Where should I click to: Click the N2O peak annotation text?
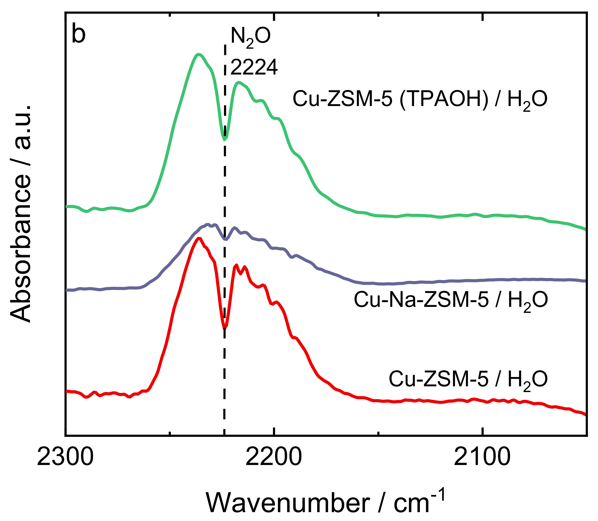pyautogui.click(x=250, y=37)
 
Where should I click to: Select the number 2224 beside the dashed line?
pyautogui.click(x=254, y=67)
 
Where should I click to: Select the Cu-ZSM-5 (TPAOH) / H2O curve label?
pyautogui.click(x=420, y=100)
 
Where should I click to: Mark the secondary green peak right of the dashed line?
pyautogui.click(x=238, y=82)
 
